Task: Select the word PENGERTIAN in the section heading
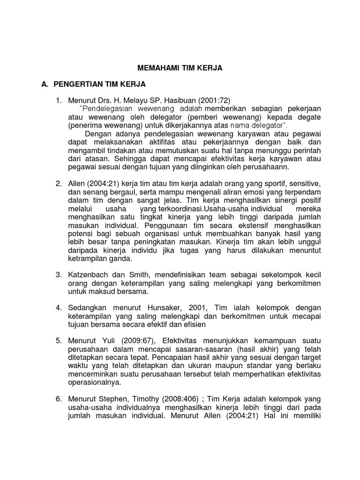(77, 84)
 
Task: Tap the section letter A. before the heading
(45, 84)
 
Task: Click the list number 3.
(59, 274)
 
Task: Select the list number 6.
(59, 398)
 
